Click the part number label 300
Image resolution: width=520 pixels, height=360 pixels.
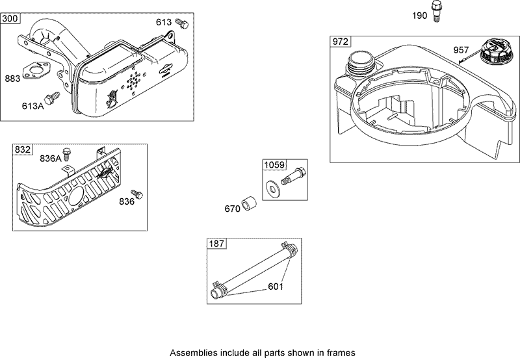click(10, 18)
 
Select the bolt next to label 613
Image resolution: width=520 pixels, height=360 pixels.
click(183, 23)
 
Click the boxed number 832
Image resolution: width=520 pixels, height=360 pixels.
click(23, 149)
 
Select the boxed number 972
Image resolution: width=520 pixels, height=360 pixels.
click(341, 42)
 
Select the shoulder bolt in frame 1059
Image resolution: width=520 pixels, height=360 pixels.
click(292, 175)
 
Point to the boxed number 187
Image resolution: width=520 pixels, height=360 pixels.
click(216, 244)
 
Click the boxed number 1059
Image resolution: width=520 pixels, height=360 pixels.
click(274, 165)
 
